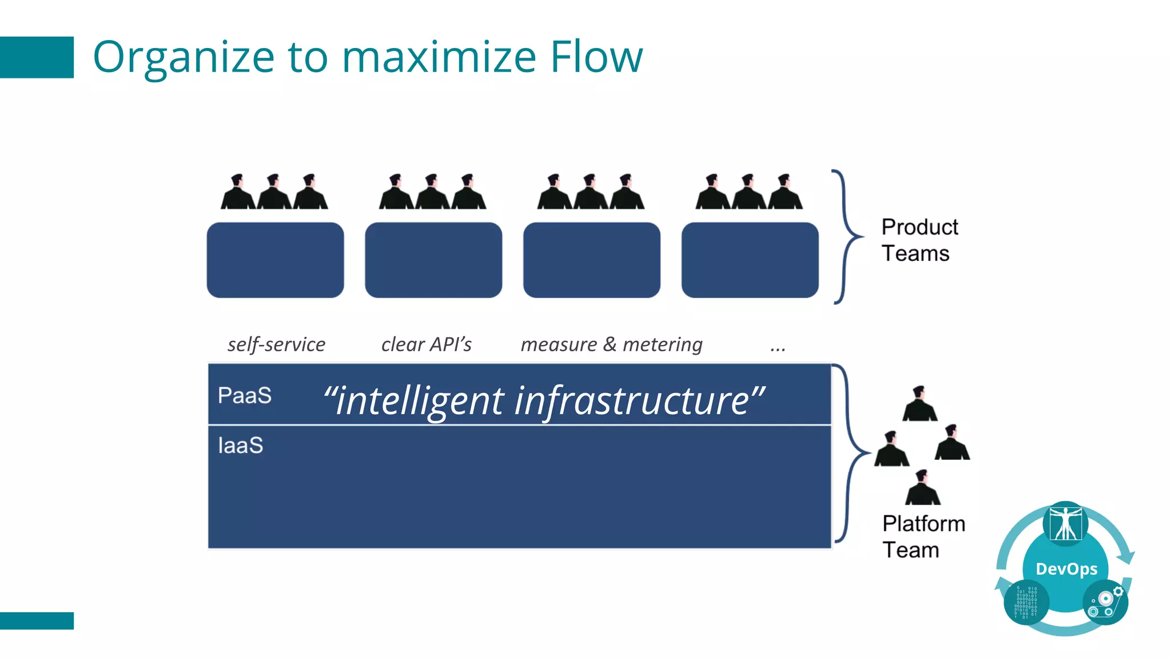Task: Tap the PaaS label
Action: [x=245, y=395]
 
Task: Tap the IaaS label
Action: [x=241, y=446]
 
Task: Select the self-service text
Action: [x=276, y=344]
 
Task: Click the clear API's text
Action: [x=426, y=344]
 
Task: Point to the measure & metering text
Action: [x=611, y=344]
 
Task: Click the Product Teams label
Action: [x=919, y=240]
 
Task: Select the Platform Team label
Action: [x=923, y=537]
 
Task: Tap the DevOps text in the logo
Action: [x=1066, y=569]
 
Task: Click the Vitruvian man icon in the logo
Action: [x=1065, y=522]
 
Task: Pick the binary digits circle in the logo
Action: [x=1026, y=602]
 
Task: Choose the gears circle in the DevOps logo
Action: [x=1105, y=602]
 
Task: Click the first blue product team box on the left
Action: [x=275, y=260]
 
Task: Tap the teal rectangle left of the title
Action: [x=37, y=57]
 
